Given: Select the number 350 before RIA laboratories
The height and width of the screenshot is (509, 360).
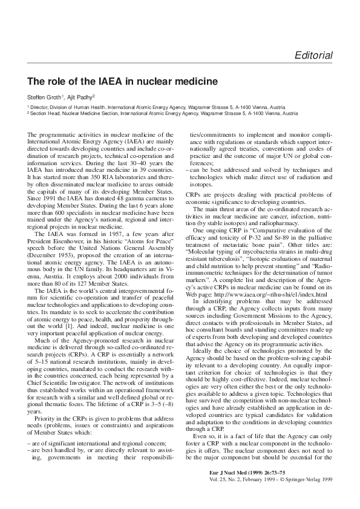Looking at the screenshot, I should click(x=93, y=160).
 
